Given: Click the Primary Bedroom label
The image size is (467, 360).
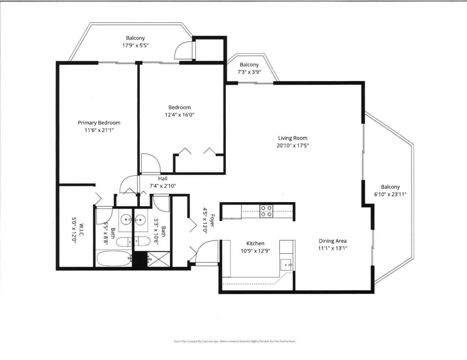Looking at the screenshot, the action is [x=99, y=123].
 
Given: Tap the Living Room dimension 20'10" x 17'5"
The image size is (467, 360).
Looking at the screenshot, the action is [x=293, y=146].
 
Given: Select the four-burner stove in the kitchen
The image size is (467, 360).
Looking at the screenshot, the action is [x=266, y=211].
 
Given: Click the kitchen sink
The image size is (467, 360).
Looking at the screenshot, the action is [x=286, y=265].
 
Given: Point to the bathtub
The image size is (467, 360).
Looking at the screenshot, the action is [x=114, y=259].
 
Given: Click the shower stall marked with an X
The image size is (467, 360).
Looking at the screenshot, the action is [x=159, y=259].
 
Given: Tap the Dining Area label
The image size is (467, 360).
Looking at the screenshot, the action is [x=332, y=241].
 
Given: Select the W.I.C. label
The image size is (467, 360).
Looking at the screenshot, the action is [x=81, y=230].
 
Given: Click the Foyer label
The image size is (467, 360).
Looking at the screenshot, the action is [x=212, y=221].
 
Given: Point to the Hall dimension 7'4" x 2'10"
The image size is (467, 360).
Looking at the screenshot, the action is [x=163, y=186].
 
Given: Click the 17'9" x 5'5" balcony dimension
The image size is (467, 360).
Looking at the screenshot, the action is [x=135, y=45].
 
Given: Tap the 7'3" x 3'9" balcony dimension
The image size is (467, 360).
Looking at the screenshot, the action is [x=249, y=72].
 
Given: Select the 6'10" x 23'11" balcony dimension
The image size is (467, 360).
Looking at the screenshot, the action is [x=390, y=194].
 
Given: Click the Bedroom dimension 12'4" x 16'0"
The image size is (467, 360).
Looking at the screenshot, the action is [x=179, y=115].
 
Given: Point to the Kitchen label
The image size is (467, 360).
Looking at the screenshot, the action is [x=255, y=243].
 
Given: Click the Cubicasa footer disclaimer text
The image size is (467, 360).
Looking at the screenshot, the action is [x=235, y=341].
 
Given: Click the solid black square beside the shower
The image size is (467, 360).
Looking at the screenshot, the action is [x=140, y=259].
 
